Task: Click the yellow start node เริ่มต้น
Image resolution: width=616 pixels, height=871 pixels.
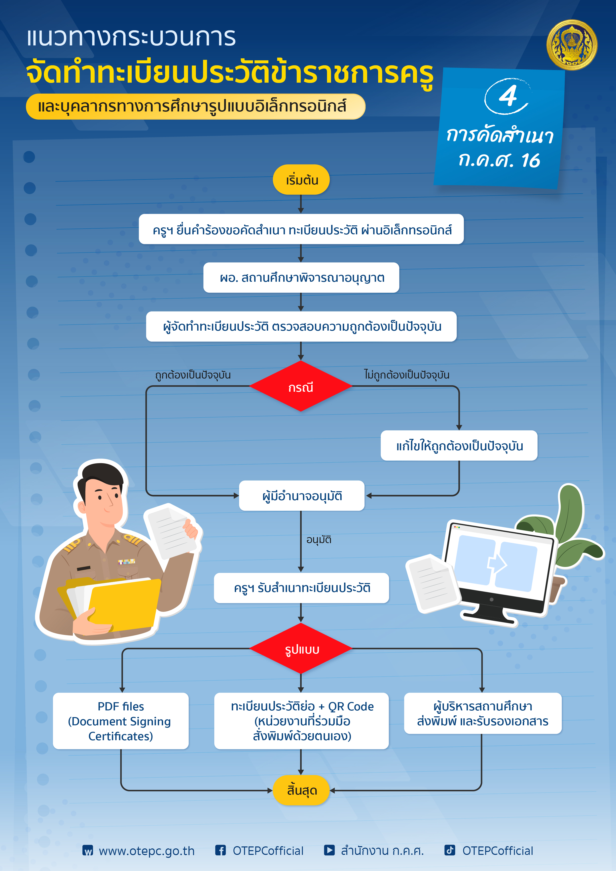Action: pos(301,179)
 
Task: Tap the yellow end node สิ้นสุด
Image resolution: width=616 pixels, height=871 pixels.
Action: pos(301,790)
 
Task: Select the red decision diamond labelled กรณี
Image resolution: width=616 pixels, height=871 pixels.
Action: pos(301,386)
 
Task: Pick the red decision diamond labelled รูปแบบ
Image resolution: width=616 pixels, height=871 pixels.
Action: pos(301,649)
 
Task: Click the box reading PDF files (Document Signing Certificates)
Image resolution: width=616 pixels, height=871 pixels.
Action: pos(121,721)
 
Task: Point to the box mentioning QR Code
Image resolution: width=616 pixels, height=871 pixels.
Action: pos(301,721)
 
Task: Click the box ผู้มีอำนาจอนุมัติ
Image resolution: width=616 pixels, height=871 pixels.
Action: pos(302,495)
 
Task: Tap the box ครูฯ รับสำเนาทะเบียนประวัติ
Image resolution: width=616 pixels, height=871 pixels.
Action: pos(301,588)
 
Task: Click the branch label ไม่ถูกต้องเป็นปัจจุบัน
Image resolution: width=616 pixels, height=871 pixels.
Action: pos(406,374)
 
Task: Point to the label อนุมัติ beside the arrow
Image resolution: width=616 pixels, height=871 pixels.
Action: pos(319,539)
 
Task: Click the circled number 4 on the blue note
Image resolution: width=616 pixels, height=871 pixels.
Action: pos(507,96)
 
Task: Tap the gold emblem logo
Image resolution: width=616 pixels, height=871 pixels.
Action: pos(572,45)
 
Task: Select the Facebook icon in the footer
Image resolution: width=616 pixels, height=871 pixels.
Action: pos(220,850)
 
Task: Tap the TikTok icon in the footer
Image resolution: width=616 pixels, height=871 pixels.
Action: pos(450,850)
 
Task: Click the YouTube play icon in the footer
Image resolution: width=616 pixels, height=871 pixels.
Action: pos(329,850)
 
